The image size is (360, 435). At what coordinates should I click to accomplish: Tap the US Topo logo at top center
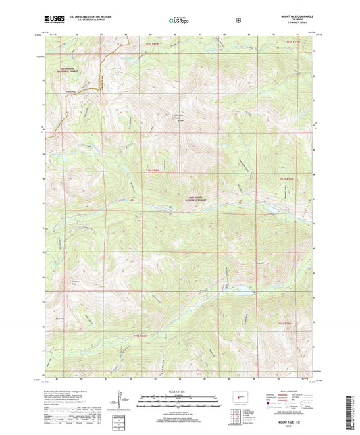pos(179,20)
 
